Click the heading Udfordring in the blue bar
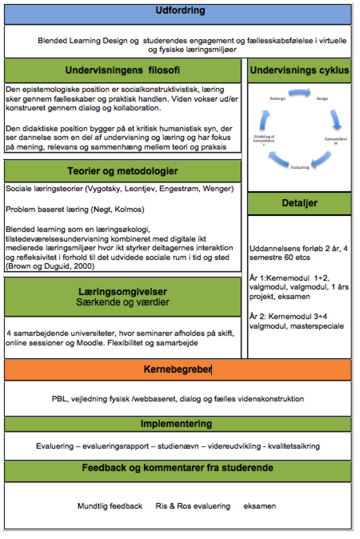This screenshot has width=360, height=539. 180,11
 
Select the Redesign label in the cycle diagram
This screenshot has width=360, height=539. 277,99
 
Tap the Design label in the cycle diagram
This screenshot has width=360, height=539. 322,99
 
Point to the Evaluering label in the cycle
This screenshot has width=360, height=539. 300,167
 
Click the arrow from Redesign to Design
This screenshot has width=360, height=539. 299,93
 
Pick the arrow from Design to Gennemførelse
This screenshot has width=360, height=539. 335,119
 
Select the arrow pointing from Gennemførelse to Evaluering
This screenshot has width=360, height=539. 321,159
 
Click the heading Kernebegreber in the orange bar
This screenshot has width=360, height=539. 177,370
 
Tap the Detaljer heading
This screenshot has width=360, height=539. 299,203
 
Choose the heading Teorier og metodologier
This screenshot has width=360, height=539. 123,171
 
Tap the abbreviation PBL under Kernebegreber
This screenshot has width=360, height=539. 59,399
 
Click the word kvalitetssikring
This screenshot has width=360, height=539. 294,446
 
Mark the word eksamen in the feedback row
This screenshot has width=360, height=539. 259,506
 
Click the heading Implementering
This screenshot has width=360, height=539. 176,424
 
